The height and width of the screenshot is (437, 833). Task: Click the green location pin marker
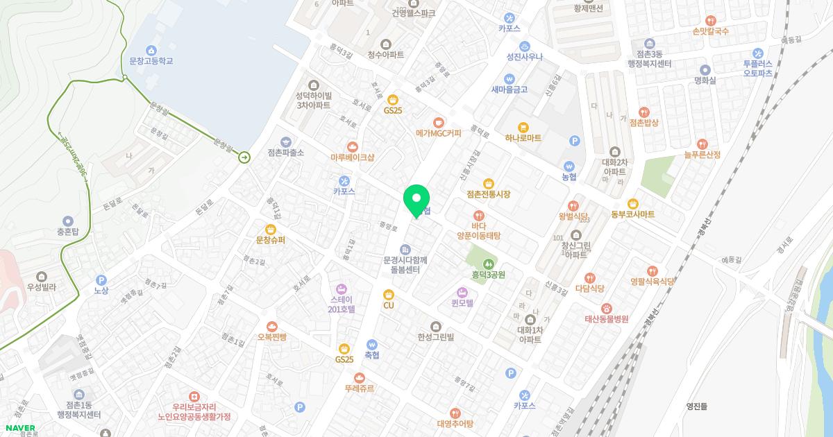tap(416, 201)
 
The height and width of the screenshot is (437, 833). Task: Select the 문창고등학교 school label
tap(151, 61)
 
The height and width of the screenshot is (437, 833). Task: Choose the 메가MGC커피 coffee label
tap(438, 133)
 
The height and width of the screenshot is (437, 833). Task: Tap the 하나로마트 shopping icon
tap(523, 128)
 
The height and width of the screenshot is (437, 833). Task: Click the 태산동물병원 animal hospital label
tap(606, 319)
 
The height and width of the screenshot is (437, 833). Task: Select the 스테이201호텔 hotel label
tap(341, 304)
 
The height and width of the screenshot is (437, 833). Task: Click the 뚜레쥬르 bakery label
tap(359, 388)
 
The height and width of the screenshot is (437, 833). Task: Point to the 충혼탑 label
tap(67, 232)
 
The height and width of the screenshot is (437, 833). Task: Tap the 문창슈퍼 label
tap(271, 240)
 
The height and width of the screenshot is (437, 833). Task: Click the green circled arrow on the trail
tap(244, 157)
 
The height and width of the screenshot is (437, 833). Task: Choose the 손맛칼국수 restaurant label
tap(710, 31)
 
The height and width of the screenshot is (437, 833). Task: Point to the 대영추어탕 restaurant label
tap(455, 423)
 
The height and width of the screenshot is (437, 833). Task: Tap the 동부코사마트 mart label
tap(632, 214)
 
